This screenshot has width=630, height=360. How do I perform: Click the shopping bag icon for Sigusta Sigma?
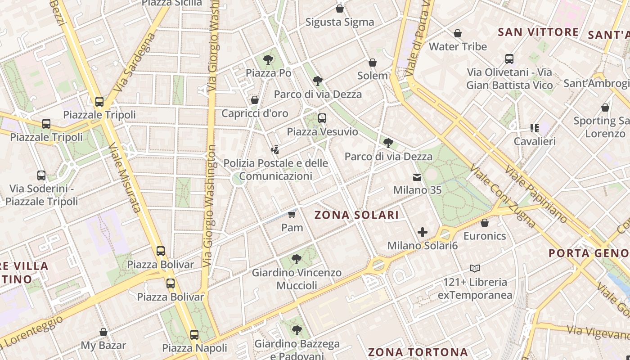(340, 9)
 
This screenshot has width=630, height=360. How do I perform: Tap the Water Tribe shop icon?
(458, 33)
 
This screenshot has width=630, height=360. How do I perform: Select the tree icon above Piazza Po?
(268, 59)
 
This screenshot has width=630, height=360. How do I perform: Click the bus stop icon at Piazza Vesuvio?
(322, 118)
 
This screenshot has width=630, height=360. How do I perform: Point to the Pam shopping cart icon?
(292, 214)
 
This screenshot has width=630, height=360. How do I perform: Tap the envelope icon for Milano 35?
(417, 177)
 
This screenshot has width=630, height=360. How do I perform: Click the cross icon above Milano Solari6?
(422, 232)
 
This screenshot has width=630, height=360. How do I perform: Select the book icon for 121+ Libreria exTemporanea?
(474, 269)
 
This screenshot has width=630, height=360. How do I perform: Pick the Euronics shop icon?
(485, 223)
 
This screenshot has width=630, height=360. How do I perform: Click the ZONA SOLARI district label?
(356, 215)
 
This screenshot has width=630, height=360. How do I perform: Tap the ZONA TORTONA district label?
(418, 352)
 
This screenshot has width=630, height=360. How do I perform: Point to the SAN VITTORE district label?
(538, 32)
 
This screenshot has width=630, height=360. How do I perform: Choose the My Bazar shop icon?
(103, 333)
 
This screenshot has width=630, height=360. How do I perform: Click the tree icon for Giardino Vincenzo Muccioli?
(296, 259)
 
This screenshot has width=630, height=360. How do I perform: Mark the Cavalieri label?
(535, 141)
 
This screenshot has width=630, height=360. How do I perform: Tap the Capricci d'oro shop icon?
(255, 100)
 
